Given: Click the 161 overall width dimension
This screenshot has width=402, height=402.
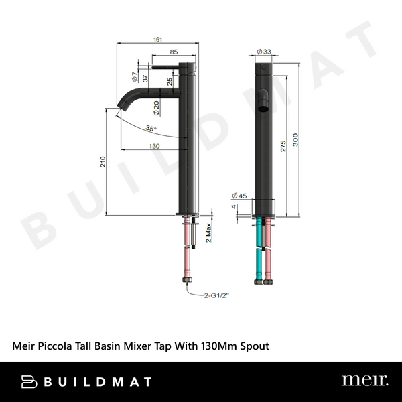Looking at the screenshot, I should pyautogui.click(x=158, y=40).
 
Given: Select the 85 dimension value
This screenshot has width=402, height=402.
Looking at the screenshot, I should pyautogui.click(x=174, y=52).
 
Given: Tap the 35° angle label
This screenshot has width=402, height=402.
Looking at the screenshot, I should pyautogui.click(x=151, y=128).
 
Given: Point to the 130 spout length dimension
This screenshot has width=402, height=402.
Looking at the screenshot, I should pyautogui.click(x=154, y=145).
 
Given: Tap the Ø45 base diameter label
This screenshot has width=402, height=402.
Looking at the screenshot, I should pyautogui.click(x=239, y=196).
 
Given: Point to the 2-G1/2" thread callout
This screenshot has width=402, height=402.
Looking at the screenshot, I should pyautogui.click(x=214, y=292).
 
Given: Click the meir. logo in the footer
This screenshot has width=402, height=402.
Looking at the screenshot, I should pyautogui.click(x=364, y=381).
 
